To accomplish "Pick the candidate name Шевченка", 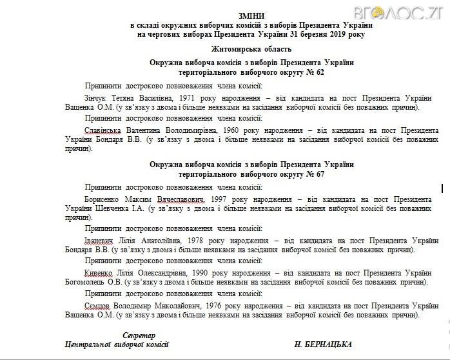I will (112, 209).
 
